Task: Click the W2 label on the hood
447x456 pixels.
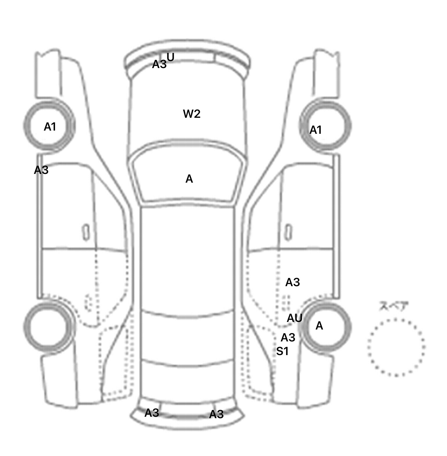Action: click(x=192, y=114)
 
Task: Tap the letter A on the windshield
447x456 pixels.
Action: click(x=189, y=179)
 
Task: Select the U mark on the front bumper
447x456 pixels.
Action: click(x=171, y=57)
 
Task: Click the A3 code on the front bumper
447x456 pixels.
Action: click(x=159, y=64)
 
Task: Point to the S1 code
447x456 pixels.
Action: click(x=282, y=352)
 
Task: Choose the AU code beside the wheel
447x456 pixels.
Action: click(x=295, y=318)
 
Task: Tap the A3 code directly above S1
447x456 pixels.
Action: click(x=288, y=338)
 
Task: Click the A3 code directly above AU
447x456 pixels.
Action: click(x=292, y=282)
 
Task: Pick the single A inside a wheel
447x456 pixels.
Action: click(x=319, y=326)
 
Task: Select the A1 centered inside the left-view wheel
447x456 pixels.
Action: click(x=50, y=127)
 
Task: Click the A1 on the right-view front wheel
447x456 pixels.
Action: click(x=315, y=130)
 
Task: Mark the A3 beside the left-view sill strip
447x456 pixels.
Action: click(x=41, y=170)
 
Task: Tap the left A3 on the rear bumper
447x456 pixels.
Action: click(x=152, y=412)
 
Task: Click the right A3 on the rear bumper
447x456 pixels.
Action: click(x=216, y=414)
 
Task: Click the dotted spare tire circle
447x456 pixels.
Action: click(x=396, y=347)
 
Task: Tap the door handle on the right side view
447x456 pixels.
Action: click(x=288, y=232)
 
